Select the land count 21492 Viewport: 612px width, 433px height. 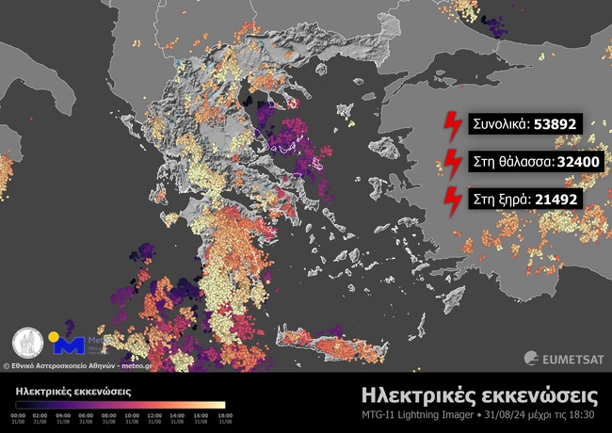[x=556, y=199]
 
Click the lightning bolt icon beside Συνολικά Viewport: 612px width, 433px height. [x=453, y=123]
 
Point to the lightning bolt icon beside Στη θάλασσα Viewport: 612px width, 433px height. [x=453, y=161]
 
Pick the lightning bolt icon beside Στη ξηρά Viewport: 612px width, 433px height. [x=453, y=199]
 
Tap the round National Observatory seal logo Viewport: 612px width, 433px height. [x=27, y=343]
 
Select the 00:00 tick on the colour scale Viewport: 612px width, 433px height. [x=18, y=414]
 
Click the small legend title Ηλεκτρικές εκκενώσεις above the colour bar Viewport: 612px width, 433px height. [x=72, y=390]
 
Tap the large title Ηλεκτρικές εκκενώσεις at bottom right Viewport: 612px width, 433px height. [x=480, y=393]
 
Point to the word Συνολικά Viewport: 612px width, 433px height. [x=498, y=123]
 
